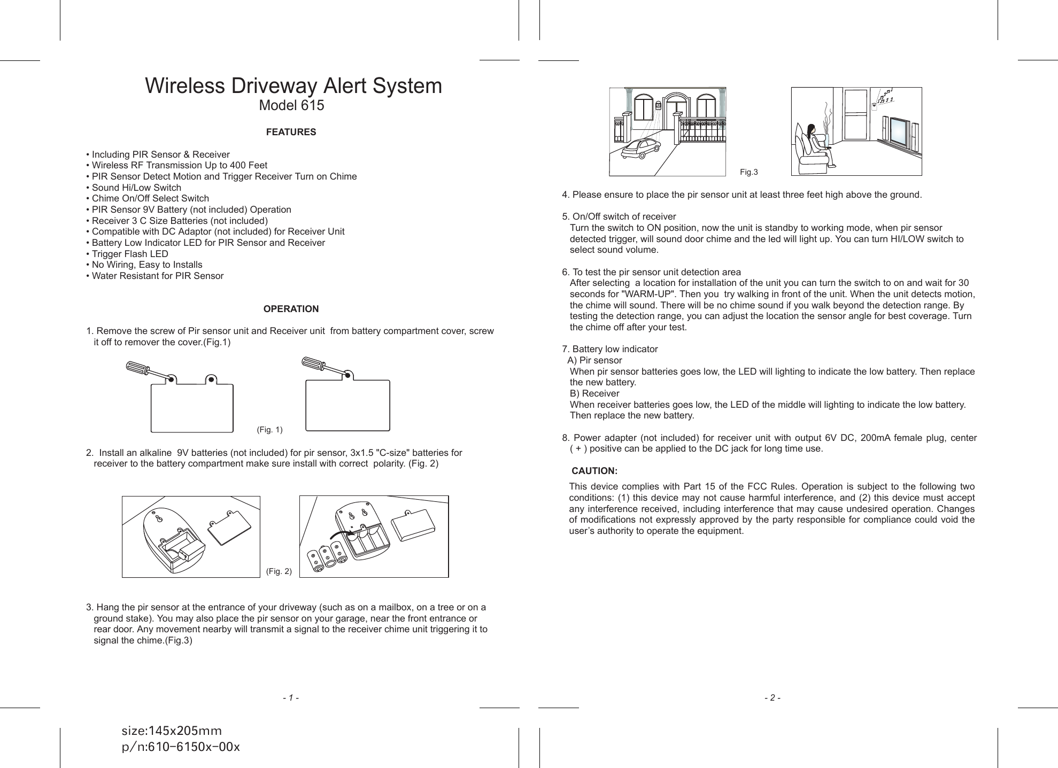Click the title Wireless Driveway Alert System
[x=294, y=86]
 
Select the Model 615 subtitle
[x=291, y=106]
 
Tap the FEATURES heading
[x=291, y=132]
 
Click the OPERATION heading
[x=291, y=309]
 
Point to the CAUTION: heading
[x=594, y=471]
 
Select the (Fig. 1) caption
[x=269, y=430]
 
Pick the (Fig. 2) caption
[x=279, y=571]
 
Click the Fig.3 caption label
[x=748, y=172]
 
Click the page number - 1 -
[x=291, y=698]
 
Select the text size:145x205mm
[x=172, y=731]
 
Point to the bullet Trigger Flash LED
[x=129, y=254]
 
